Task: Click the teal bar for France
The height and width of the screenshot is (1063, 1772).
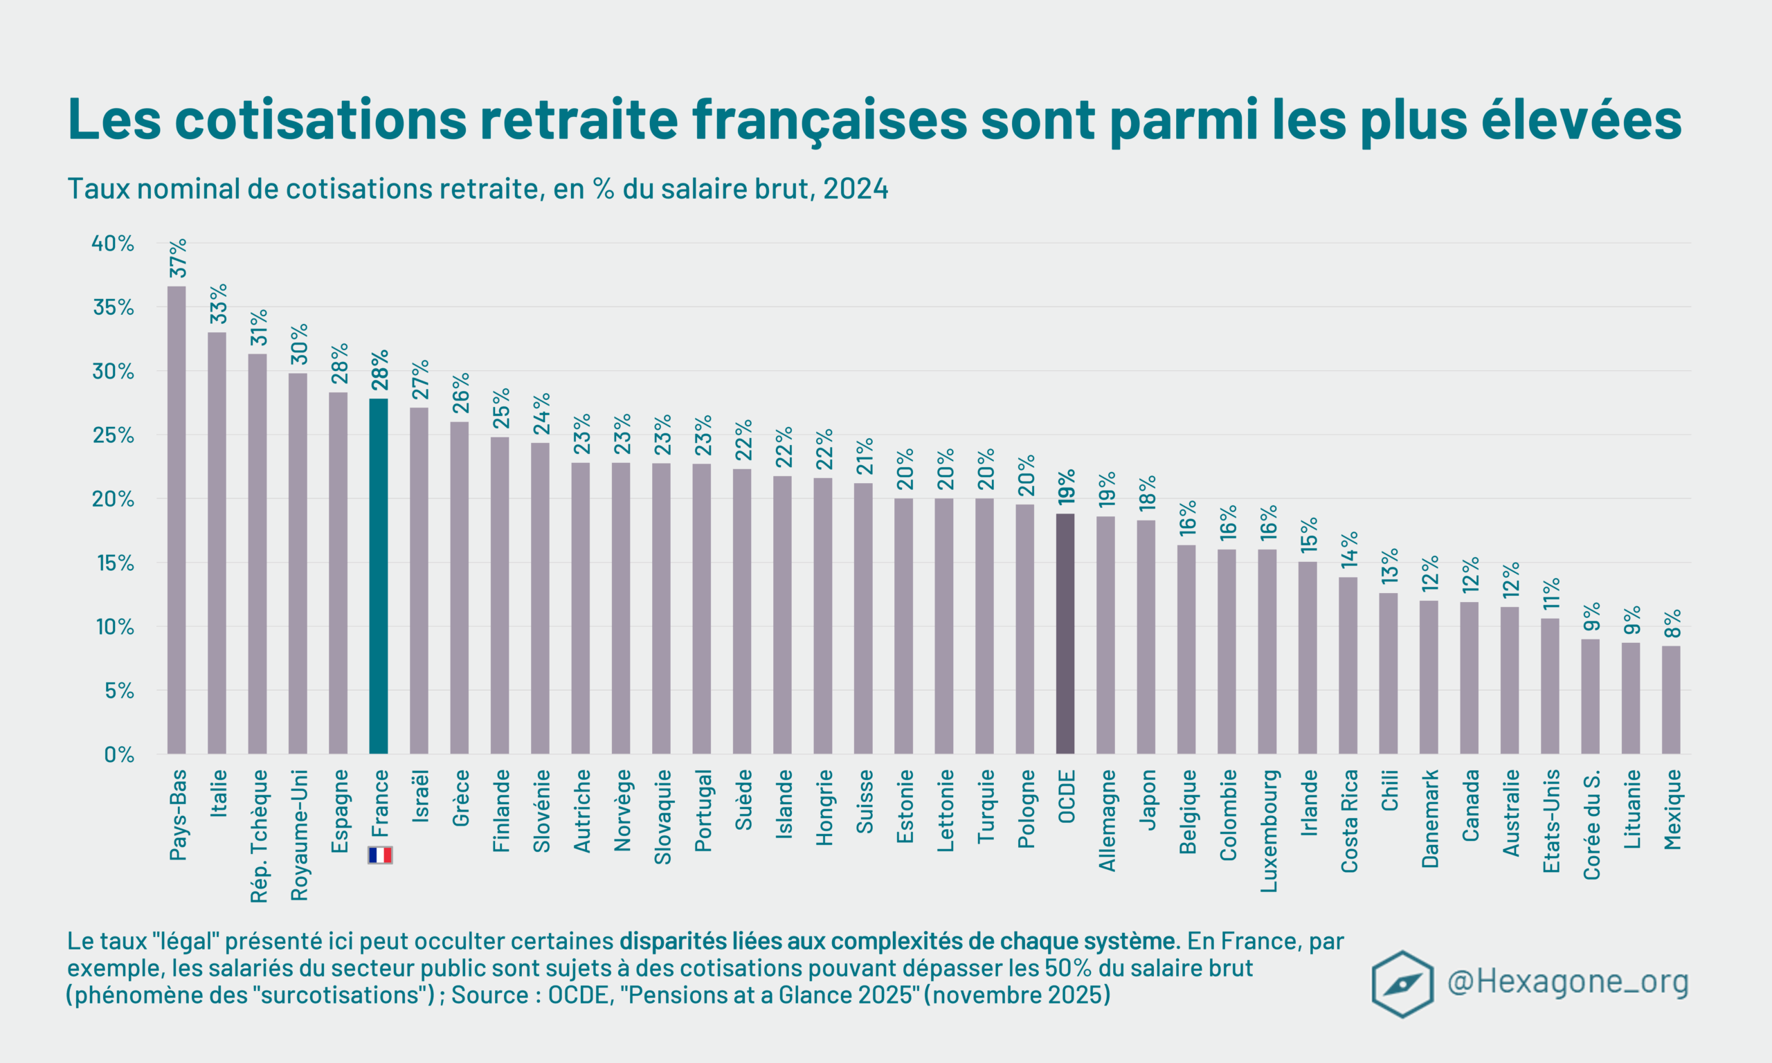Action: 378,576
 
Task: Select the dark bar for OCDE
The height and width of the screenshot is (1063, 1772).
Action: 1065,633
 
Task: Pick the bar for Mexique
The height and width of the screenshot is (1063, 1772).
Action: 1671,699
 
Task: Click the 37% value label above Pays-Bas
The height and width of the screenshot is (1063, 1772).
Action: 178,258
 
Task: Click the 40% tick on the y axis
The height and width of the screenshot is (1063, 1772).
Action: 112,244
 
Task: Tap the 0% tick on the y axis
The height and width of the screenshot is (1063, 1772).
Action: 119,754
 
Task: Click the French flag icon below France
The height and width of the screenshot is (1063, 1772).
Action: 379,855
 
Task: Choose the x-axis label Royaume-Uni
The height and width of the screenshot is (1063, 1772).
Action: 298,835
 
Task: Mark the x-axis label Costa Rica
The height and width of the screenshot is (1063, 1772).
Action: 1349,821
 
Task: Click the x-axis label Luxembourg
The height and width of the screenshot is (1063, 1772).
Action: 1269,830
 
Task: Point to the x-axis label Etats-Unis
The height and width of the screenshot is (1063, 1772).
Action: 1551,821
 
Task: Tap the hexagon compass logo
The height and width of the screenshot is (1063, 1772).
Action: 1402,983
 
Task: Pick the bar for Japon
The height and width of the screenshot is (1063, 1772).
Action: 1146,637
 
